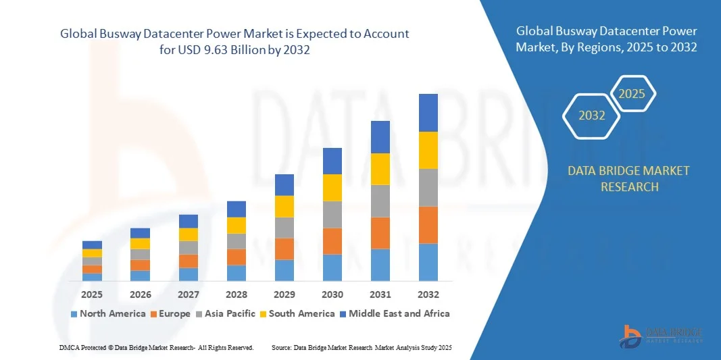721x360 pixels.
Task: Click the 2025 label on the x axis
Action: point(92,294)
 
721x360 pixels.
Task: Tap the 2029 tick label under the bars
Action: point(284,294)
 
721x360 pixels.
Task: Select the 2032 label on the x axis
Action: point(428,294)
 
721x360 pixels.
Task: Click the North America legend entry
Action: point(108,313)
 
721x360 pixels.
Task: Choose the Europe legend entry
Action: point(170,313)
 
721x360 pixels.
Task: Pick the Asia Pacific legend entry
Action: point(227,313)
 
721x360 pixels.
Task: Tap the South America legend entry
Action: point(297,313)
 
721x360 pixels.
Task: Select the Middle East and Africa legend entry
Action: point(395,313)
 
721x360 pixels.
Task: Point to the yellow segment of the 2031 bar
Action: point(380,169)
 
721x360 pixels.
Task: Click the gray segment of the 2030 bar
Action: point(332,215)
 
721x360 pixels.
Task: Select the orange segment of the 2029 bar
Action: point(284,249)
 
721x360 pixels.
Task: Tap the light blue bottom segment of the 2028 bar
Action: point(237,273)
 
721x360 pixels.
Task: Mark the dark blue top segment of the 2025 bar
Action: point(92,245)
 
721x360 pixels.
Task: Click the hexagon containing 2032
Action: point(592,115)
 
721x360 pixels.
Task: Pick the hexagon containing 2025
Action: point(632,94)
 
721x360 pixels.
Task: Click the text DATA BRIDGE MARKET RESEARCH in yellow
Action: point(629,178)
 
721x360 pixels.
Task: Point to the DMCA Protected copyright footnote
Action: point(156,347)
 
